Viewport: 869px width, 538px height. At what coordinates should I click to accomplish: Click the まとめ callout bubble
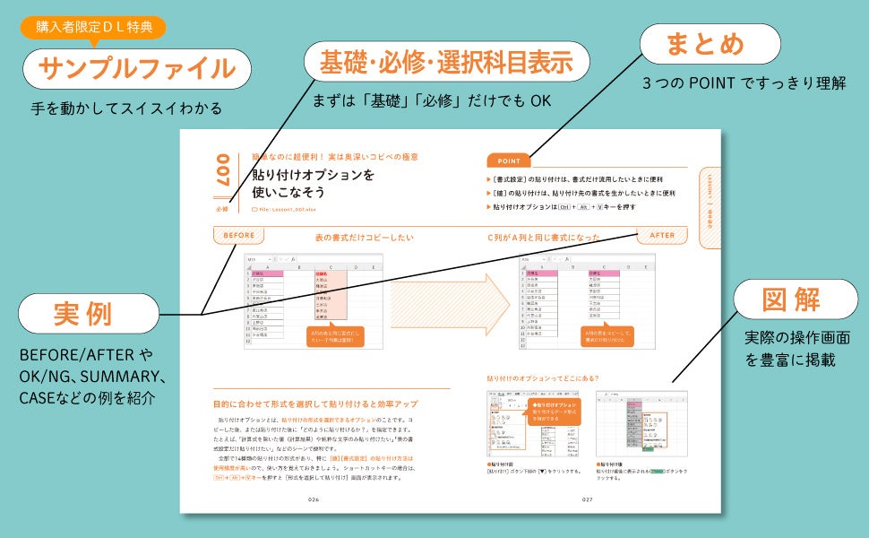point(706,44)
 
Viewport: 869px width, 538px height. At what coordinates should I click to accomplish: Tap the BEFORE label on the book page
point(238,236)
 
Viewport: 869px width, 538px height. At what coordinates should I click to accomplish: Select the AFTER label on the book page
point(662,236)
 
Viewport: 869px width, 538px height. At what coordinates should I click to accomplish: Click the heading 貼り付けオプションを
point(313,175)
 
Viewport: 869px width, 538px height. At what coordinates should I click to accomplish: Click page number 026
point(314,500)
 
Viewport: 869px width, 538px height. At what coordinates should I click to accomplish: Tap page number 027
point(588,500)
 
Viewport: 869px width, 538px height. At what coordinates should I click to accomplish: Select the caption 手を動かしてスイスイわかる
point(126,109)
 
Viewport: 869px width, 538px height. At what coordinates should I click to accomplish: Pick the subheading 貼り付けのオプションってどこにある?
point(543,378)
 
